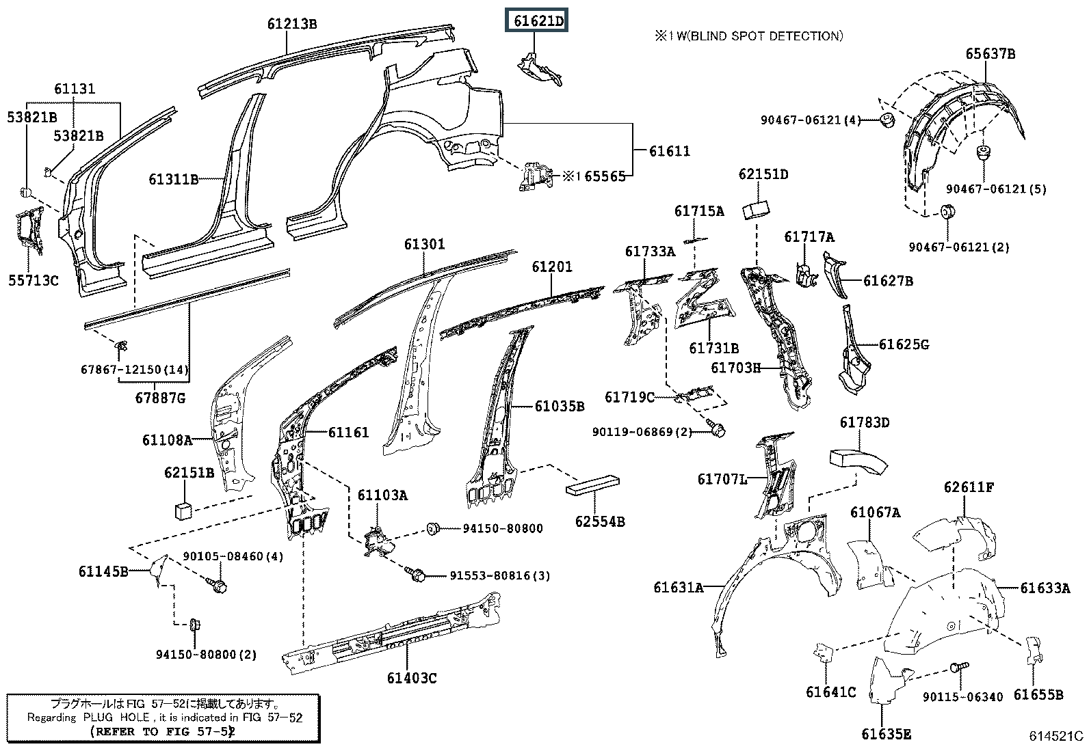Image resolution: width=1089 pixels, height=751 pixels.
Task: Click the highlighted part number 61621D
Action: [538, 21]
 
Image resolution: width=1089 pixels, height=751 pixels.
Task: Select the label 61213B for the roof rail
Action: [292, 23]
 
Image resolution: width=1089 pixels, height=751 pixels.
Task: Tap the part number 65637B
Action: [990, 53]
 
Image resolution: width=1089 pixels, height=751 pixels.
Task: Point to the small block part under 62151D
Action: [755, 209]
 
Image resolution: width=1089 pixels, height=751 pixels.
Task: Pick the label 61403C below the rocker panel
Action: [412, 678]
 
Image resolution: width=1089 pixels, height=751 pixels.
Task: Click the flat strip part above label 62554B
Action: [592, 485]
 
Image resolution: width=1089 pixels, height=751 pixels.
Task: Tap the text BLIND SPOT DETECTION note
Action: [766, 36]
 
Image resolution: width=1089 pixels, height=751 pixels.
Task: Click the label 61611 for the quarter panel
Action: [670, 151]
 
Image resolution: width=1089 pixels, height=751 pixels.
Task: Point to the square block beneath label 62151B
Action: [183, 510]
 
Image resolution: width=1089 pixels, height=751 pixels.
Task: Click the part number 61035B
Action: [559, 406]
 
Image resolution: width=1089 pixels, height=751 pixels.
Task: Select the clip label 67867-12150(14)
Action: [134, 370]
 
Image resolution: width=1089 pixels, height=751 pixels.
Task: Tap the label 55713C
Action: [33, 280]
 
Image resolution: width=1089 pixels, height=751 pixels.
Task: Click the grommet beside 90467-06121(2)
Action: [947, 212]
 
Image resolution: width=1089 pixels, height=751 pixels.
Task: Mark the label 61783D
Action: [865, 422]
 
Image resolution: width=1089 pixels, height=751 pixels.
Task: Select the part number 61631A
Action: [678, 588]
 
